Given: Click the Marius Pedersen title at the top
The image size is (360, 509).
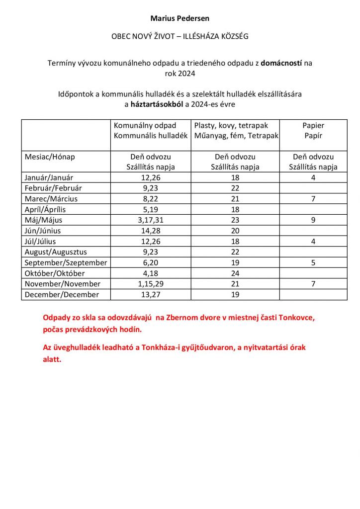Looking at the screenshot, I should coord(180,18).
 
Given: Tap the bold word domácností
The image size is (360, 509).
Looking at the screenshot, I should coord(281,63).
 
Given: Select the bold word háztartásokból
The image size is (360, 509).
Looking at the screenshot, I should coord(157,104).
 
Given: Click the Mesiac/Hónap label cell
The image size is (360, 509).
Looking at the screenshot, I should coord(50,157).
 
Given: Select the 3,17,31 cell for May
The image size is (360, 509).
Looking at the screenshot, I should coord(150,220).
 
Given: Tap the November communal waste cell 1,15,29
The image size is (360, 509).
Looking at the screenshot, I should coord(150,284).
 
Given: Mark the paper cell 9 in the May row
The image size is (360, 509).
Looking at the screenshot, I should coord(313,220).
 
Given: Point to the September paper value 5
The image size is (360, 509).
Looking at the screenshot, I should coord(313,262).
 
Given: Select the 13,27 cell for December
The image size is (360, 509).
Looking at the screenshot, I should coord(150,295).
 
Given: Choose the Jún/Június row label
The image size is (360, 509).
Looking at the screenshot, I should coord(45,231).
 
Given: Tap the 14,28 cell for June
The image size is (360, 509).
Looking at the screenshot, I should coord(150,231).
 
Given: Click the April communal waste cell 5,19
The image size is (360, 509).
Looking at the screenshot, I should coord(150,209).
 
